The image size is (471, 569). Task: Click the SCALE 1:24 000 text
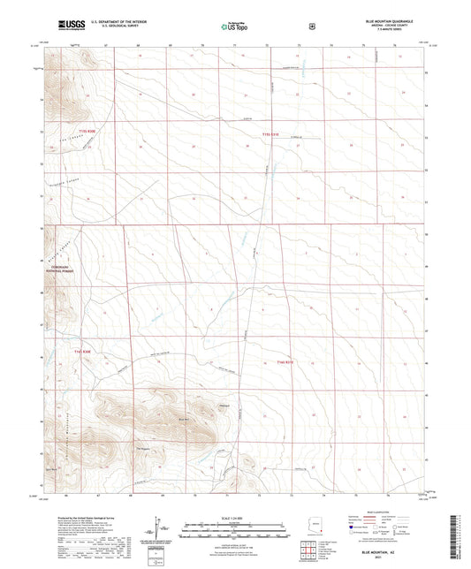(235, 520)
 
